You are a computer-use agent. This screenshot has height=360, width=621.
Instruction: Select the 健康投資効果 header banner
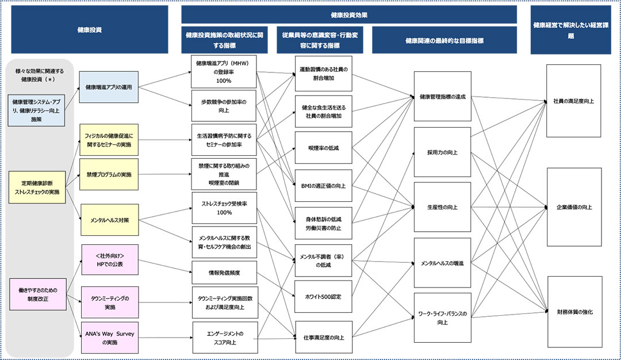tap(349, 15)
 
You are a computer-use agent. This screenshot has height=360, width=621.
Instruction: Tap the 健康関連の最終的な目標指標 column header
tap(444, 41)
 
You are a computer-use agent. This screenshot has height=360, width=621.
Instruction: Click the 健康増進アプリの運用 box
tap(109, 87)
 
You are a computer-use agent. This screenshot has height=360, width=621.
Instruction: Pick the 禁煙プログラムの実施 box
tap(109, 174)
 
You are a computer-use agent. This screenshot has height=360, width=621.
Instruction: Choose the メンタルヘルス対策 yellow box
tap(109, 219)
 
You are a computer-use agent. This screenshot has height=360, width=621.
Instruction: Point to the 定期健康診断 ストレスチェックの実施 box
tap(37, 187)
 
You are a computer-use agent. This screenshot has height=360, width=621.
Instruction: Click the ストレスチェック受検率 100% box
tap(224, 208)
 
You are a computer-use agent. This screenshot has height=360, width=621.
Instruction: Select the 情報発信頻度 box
tap(224, 273)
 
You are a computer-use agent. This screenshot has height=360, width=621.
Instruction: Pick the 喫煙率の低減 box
tap(323, 148)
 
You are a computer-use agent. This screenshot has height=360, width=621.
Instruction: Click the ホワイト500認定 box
tap(323, 297)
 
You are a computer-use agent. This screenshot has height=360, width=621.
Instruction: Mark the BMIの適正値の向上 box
tap(323, 186)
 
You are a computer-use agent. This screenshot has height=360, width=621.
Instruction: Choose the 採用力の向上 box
tap(442, 152)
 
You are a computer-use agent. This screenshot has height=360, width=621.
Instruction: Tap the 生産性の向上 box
tap(442, 207)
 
